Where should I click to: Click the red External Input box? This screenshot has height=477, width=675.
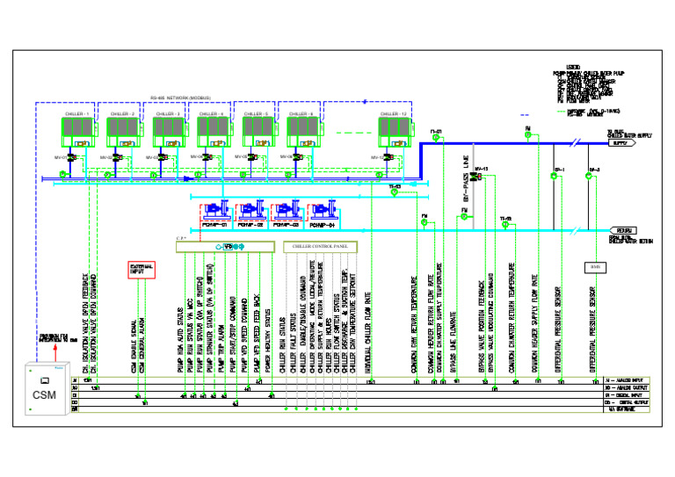tap(142, 269)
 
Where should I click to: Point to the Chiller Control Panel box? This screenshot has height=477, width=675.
tap(321, 247)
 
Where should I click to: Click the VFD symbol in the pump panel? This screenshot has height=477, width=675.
tap(230, 247)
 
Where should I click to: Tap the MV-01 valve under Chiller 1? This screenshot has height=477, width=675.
tap(72, 158)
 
